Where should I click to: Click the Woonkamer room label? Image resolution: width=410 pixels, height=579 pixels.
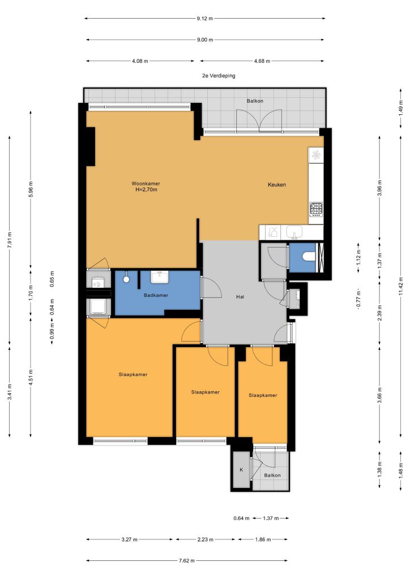click(146, 184)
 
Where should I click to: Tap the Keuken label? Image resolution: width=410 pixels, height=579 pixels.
click(277, 185)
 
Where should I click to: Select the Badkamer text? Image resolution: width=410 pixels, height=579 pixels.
click(156, 295)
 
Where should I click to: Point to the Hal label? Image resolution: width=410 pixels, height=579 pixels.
click(240, 296)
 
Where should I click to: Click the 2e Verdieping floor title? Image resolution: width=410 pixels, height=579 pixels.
click(219, 76)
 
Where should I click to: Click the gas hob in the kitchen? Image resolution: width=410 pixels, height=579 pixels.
click(316, 209)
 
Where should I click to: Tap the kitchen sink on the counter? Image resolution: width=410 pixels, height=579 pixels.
click(294, 232)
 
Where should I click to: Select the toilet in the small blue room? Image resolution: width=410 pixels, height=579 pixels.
click(308, 256)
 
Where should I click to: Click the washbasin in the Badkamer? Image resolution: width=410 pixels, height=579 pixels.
click(160, 276)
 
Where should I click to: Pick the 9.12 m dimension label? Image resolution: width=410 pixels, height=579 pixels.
click(205, 19)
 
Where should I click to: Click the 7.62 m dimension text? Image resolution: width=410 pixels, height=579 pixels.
click(187, 560)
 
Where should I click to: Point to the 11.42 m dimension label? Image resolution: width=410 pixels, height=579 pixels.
click(401, 284)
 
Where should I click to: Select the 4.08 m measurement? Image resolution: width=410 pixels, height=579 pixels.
click(140, 61)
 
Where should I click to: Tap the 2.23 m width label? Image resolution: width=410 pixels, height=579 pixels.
click(205, 539)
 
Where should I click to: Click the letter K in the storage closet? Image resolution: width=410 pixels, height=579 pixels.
click(241, 470)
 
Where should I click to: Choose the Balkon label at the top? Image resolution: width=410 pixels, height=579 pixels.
click(255, 101)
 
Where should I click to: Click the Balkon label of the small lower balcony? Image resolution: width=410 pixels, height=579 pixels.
click(272, 475)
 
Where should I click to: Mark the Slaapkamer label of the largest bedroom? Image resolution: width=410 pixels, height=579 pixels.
click(133, 374)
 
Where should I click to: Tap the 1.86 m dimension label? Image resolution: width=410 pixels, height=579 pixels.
click(263, 539)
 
